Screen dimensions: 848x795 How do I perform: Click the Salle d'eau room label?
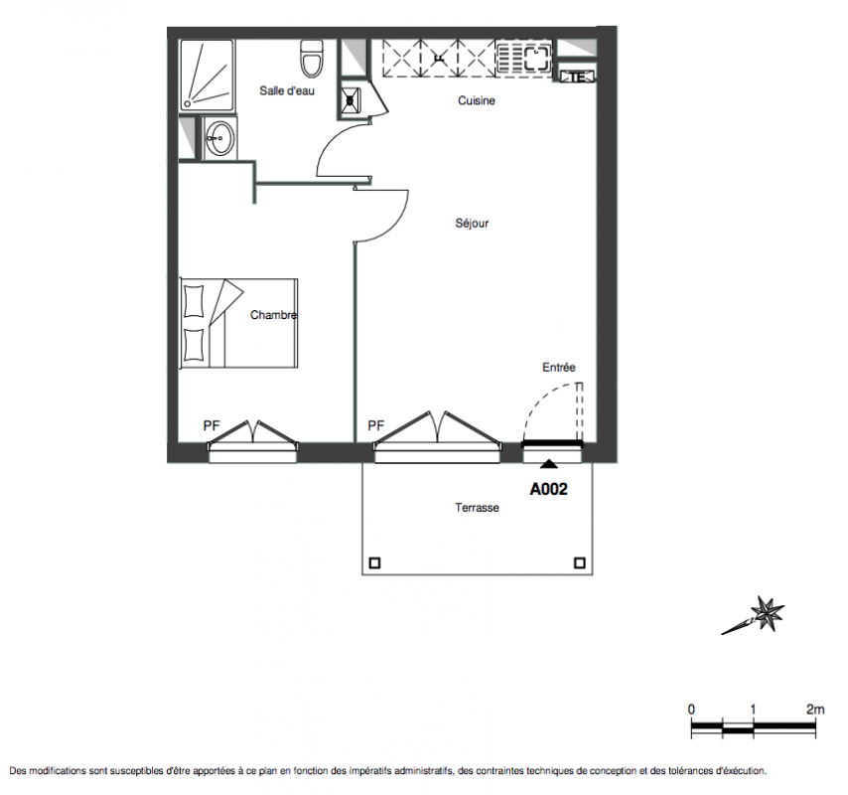[287, 90]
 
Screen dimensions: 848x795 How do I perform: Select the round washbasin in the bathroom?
[220, 138]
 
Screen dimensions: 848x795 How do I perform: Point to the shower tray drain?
[188, 103]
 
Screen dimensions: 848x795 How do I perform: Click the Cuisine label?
[477, 100]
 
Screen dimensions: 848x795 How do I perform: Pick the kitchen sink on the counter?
[536, 57]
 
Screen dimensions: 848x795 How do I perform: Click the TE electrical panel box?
[577, 77]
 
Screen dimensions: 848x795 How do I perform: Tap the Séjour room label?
[472, 223]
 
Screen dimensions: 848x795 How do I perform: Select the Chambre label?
[274, 315]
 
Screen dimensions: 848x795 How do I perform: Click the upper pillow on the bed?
[194, 301]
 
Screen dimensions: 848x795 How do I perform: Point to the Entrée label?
[559, 368]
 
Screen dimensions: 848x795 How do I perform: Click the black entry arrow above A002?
[549, 464]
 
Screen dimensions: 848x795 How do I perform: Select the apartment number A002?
[548, 489]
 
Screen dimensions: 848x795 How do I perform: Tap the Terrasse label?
[477, 508]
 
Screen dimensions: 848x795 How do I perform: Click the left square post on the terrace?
[374, 562]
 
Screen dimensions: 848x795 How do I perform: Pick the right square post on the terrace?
[579, 562]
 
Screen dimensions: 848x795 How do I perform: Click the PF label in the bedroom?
[212, 426]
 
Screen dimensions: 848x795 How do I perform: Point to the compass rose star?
[767, 613]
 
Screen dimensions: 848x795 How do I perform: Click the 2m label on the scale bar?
[815, 709]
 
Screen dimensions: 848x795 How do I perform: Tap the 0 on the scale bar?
[691, 709]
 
